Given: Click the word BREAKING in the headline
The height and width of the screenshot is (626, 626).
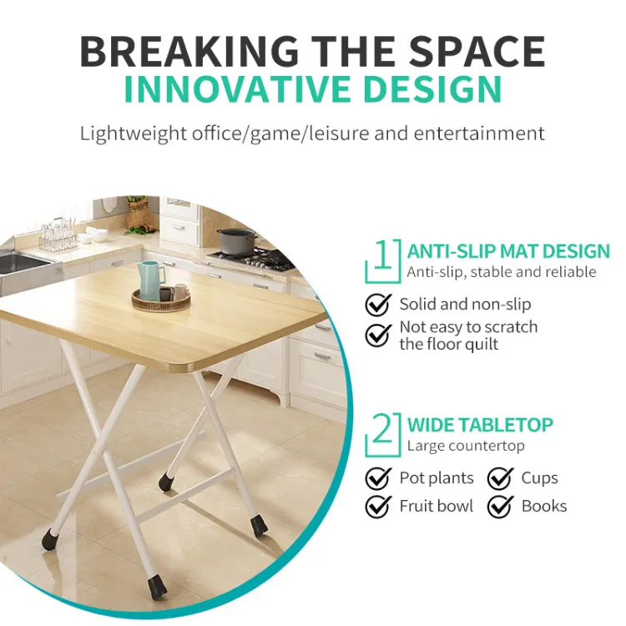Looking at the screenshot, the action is [x=189, y=52].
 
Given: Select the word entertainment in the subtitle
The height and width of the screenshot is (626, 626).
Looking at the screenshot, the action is [x=479, y=133].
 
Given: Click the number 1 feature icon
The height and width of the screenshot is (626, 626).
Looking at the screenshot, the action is [x=383, y=261].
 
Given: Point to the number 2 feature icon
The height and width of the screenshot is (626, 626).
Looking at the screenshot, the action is [x=383, y=435].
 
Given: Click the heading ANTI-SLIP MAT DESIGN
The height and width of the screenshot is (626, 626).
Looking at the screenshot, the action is [x=508, y=251].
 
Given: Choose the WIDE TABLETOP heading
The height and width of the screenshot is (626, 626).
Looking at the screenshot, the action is [x=480, y=425].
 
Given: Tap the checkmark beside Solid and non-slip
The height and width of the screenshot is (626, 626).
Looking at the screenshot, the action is [x=378, y=305].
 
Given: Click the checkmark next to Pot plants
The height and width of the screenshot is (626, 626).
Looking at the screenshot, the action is [x=378, y=478].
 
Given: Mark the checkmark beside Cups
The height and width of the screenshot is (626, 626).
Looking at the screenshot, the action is [x=500, y=478].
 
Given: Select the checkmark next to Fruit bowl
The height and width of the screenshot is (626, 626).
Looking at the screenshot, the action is [x=378, y=507].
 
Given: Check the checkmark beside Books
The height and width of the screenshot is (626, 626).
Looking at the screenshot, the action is [x=500, y=507].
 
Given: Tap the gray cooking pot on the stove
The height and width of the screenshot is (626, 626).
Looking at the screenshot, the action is [x=236, y=241].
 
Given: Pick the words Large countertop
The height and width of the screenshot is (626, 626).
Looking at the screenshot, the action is [x=466, y=446].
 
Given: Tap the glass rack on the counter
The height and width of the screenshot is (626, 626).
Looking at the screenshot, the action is [x=58, y=235].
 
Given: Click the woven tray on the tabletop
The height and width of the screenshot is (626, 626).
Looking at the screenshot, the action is [x=161, y=300].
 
